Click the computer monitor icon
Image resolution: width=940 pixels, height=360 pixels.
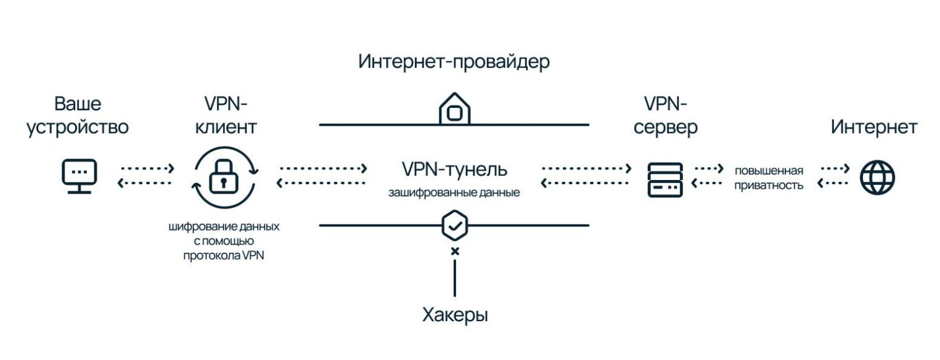(80, 176)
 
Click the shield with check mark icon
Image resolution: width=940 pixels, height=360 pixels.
(455, 226)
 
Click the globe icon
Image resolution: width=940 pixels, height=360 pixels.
(877, 178)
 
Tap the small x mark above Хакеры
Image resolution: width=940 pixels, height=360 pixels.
(455, 251)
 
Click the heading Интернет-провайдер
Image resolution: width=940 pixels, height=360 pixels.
(454, 62)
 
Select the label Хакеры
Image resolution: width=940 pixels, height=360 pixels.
(455, 315)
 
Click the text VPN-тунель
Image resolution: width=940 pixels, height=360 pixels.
(454, 169)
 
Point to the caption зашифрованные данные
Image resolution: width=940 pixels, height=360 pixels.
(454, 192)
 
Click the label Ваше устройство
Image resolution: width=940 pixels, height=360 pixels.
(78, 115)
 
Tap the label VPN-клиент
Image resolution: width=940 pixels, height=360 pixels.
(226, 115)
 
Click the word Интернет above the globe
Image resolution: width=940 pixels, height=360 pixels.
(873, 127)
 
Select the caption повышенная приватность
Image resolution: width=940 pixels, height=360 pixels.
(769, 178)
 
